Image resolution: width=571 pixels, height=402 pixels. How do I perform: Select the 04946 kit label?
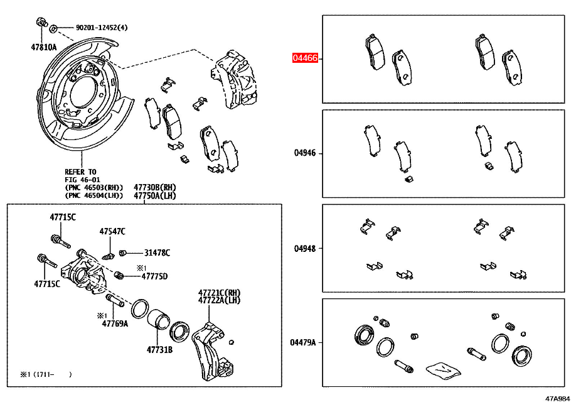pos(305,153)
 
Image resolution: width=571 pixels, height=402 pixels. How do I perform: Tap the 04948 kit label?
pos(305,248)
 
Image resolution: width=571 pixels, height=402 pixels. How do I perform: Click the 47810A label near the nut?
pos(43,47)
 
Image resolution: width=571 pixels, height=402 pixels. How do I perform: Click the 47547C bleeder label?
pos(112,232)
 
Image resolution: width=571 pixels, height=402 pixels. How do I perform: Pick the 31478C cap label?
pos(157,253)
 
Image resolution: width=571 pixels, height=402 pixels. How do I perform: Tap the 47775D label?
pos(154,276)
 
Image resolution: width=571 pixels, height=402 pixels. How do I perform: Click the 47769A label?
pos(115,323)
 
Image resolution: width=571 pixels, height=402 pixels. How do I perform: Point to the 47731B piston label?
pos(159,349)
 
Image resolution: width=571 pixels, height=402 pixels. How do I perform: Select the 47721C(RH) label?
pos(220,293)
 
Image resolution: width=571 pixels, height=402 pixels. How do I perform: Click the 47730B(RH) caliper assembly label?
pos(154,187)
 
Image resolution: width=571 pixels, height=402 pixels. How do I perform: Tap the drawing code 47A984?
pos(557,398)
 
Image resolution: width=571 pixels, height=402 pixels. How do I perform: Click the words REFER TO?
pos(80,171)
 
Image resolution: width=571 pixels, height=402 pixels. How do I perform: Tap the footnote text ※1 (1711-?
pos(38,374)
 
